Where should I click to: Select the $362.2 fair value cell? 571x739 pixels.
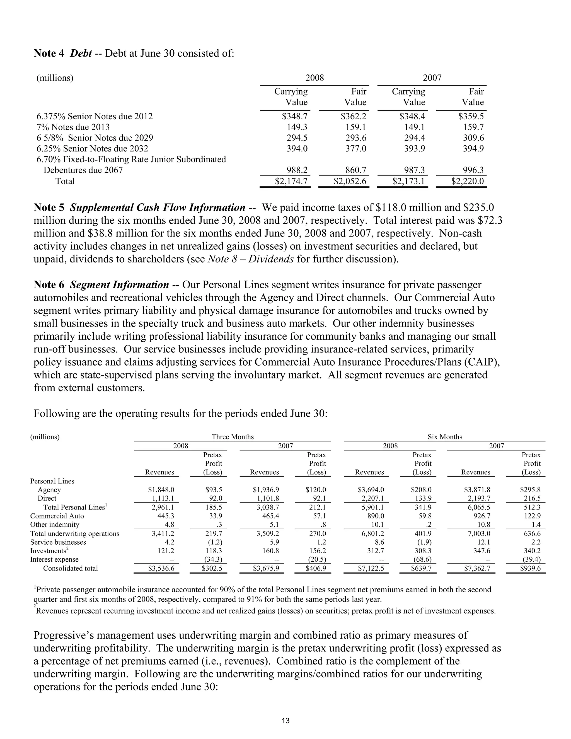tap(353, 116)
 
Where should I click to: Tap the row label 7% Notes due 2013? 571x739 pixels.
tap(73, 127)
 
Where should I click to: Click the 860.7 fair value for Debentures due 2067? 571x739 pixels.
tap(355, 170)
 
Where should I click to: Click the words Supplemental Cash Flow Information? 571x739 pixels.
tap(157, 207)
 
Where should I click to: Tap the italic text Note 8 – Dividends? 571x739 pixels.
tap(250, 259)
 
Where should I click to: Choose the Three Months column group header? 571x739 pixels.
tap(233, 436)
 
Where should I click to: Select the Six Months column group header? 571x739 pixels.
tap(444, 436)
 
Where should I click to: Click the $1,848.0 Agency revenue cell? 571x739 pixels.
tap(161, 490)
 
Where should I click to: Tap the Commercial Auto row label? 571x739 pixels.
tap(57, 516)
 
